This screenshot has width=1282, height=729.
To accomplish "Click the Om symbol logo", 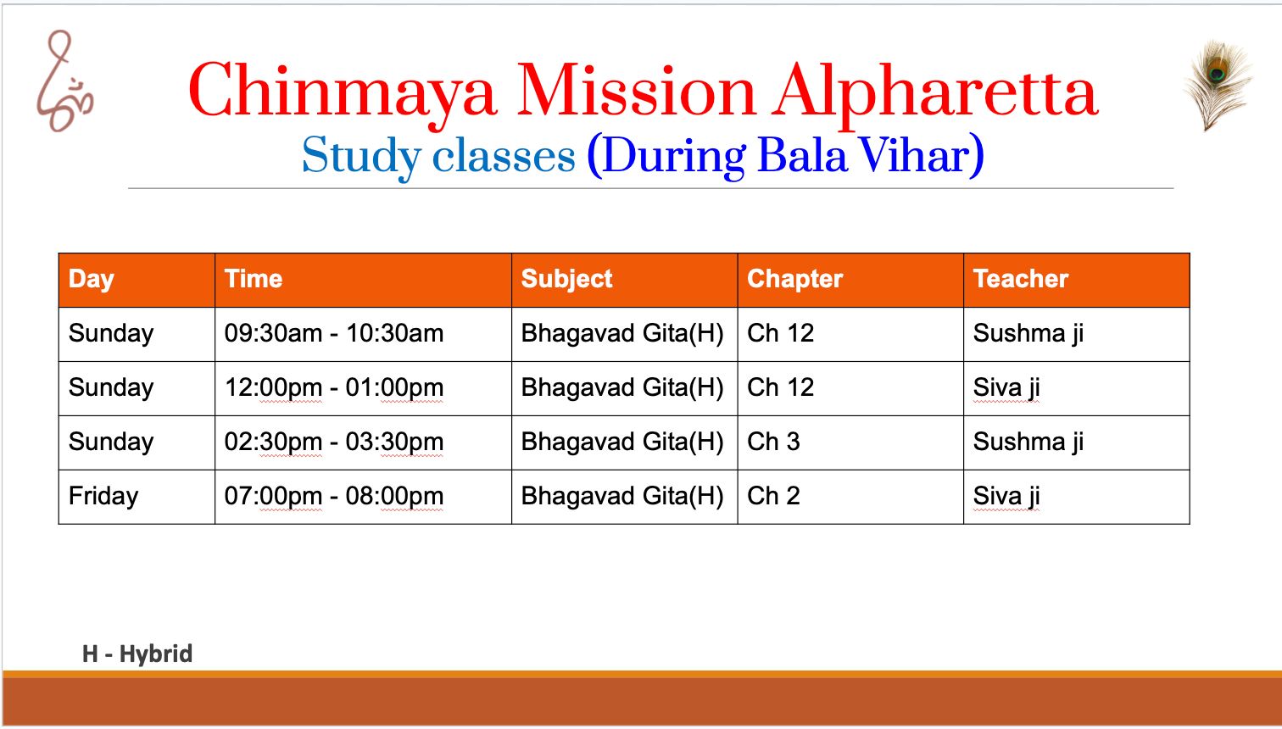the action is pyautogui.click(x=64, y=82).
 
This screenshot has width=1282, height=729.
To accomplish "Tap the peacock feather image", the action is pyautogui.click(x=1218, y=84).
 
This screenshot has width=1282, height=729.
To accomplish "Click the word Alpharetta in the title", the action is pyautogui.click(x=934, y=92).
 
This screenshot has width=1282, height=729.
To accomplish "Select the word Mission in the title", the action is pyautogui.click(x=636, y=91).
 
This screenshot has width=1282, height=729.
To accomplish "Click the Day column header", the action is pyautogui.click(x=91, y=280).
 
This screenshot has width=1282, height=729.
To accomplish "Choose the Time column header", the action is pyautogui.click(x=254, y=279).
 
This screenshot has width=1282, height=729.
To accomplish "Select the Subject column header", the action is pyautogui.click(x=566, y=280).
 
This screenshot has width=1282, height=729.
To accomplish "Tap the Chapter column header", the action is pyautogui.click(x=795, y=280).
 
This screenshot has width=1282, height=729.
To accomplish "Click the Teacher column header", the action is pyautogui.click(x=1021, y=279).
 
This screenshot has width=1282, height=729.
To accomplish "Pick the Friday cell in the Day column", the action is pyautogui.click(x=103, y=497).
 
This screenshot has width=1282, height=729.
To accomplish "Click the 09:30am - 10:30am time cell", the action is pyautogui.click(x=334, y=333).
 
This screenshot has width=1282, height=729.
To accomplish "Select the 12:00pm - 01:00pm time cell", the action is pyautogui.click(x=334, y=387).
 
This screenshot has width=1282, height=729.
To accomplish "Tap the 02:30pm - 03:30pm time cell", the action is pyautogui.click(x=334, y=442).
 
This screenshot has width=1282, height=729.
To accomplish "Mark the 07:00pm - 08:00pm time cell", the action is pyautogui.click(x=334, y=496).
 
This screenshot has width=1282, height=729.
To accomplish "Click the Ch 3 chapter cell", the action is pyautogui.click(x=773, y=442).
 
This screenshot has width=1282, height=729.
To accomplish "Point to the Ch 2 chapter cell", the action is pyautogui.click(x=773, y=496).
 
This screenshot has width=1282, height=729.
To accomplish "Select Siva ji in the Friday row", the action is pyautogui.click(x=1006, y=496).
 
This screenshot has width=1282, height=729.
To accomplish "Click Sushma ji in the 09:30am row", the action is pyautogui.click(x=1028, y=334).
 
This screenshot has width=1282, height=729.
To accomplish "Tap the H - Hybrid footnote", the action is pyautogui.click(x=137, y=654).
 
